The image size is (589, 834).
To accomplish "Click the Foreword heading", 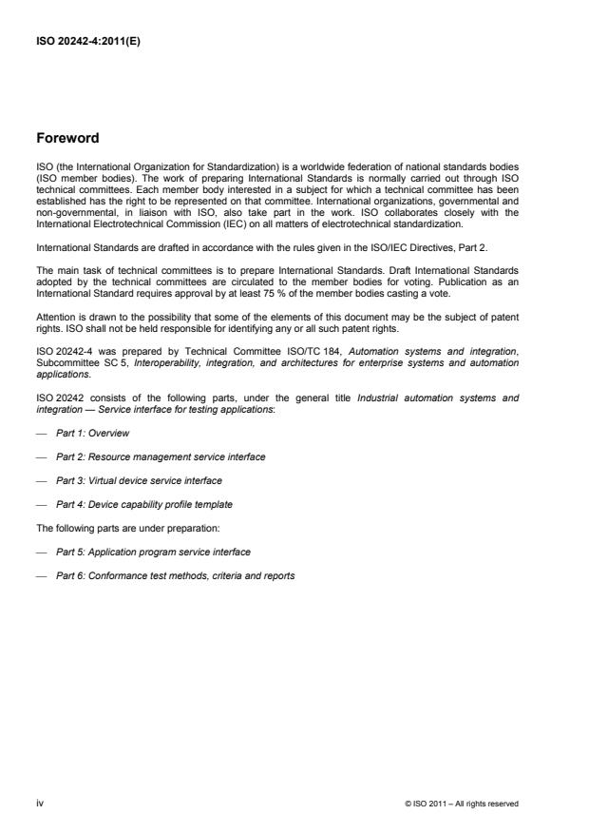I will (67, 138).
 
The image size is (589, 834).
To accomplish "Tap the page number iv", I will (39, 804).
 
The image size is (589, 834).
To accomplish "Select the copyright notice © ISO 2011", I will (460, 804).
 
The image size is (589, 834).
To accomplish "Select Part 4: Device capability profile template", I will (144, 504).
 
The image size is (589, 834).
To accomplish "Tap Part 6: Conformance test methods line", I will (175, 575).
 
